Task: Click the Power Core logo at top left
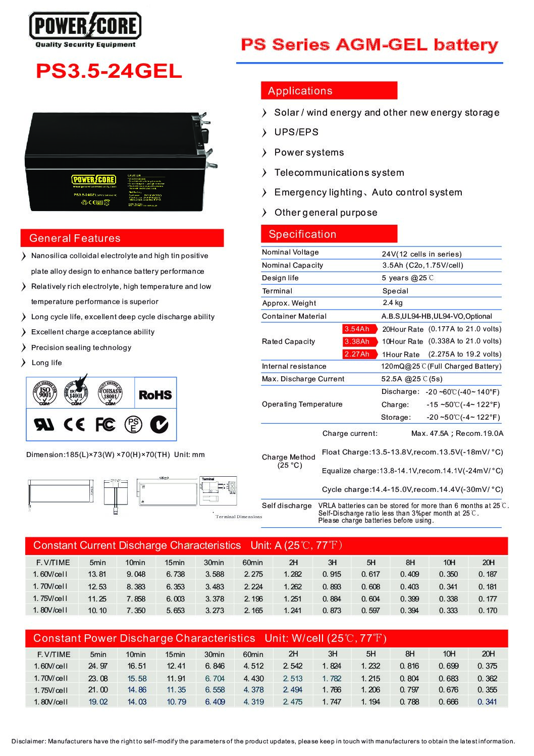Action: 85,29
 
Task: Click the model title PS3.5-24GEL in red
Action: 109,71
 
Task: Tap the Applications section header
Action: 300,91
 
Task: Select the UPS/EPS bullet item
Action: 296,132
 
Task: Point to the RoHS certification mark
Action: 155,395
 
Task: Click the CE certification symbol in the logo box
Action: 74,424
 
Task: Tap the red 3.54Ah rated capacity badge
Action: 357,329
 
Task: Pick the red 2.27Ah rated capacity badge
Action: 357,354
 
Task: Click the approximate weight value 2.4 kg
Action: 393,303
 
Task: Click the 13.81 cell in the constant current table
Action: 97,574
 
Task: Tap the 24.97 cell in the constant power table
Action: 98,666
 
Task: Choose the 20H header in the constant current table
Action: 488,562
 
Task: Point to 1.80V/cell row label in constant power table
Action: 50,702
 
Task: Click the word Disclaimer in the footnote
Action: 28,741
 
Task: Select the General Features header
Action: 75,238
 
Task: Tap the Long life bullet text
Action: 46,363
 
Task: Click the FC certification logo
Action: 105,424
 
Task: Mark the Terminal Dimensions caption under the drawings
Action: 239,517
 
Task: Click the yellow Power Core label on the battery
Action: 94,179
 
